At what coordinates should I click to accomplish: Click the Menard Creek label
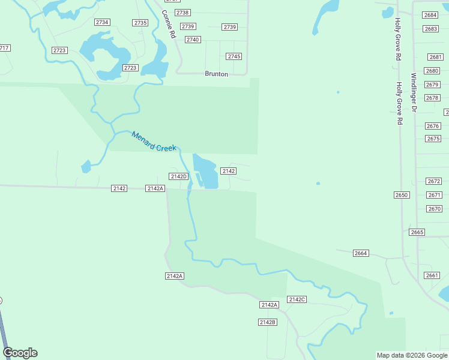click(x=154, y=142)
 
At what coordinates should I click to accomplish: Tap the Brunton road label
click(x=216, y=74)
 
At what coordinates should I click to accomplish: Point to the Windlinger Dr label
click(x=414, y=92)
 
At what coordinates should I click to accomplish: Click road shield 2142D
click(x=179, y=176)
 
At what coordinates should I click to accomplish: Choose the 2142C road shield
click(x=297, y=299)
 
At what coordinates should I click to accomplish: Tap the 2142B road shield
click(x=267, y=322)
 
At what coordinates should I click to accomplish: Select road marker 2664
click(x=361, y=253)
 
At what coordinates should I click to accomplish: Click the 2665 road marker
click(x=417, y=232)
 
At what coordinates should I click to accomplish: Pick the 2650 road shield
click(x=402, y=195)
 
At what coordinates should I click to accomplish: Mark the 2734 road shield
click(x=102, y=22)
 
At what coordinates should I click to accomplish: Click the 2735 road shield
click(x=140, y=23)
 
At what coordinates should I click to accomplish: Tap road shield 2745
click(x=234, y=56)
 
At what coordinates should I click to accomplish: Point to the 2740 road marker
click(x=192, y=40)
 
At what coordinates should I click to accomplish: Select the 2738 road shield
click(x=182, y=13)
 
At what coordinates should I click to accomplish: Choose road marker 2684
click(x=430, y=15)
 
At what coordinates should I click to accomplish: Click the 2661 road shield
click(x=432, y=275)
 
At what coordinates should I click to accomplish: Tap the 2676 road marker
click(x=433, y=126)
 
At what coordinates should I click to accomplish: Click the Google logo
click(x=20, y=353)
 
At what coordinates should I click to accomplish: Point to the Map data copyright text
click(x=412, y=355)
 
